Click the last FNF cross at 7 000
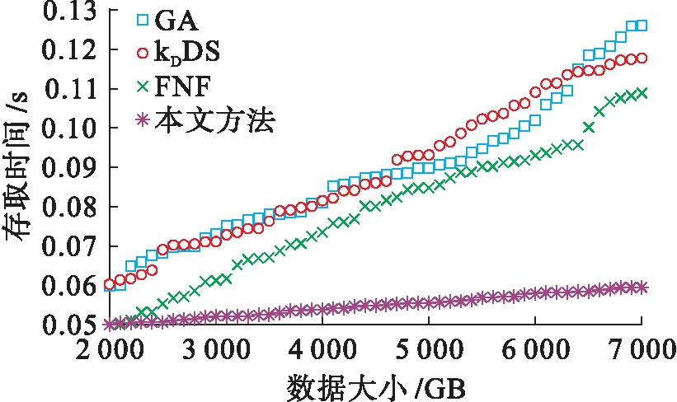coord(642,93)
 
